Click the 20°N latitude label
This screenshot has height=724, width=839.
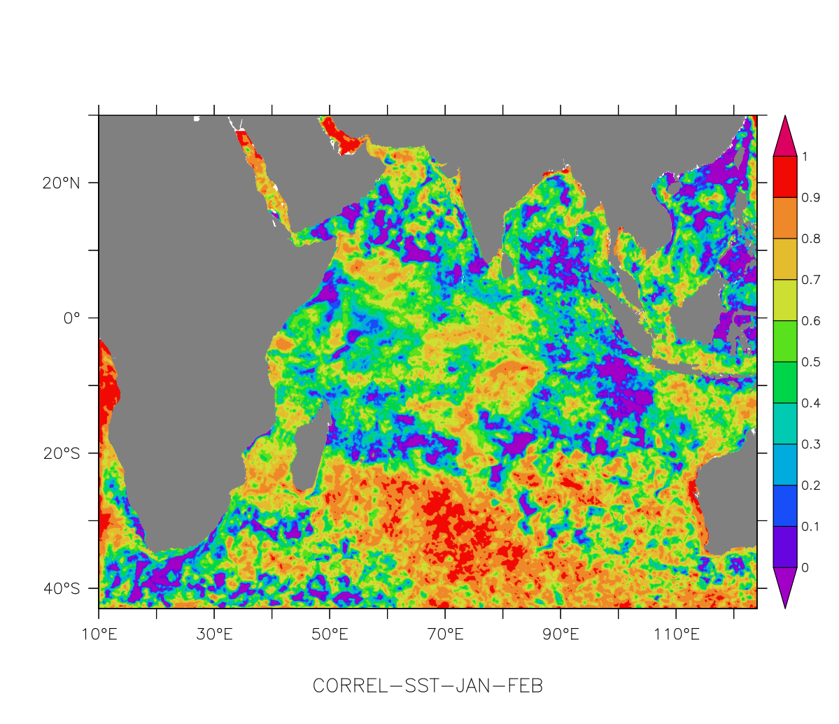point(61,183)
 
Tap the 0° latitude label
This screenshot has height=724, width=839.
point(71,319)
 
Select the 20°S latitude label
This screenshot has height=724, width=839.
point(61,454)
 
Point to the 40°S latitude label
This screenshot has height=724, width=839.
point(61,589)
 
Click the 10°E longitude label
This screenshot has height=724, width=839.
point(99,635)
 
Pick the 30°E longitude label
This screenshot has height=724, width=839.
point(214,635)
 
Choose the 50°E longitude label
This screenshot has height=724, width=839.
point(330,635)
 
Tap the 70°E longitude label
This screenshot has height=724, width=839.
point(445,635)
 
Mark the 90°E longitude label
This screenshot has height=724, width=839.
point(560,635)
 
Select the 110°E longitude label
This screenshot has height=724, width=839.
point(676,635)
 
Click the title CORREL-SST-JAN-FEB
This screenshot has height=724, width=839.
point(428,686)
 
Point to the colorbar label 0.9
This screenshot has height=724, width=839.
point(810,198)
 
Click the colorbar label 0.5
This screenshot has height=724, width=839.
point(810,362)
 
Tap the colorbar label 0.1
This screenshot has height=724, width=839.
point(810,527)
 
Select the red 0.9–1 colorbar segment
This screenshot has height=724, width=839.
point(784,177)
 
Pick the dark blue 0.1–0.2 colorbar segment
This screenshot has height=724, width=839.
point(784,506)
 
